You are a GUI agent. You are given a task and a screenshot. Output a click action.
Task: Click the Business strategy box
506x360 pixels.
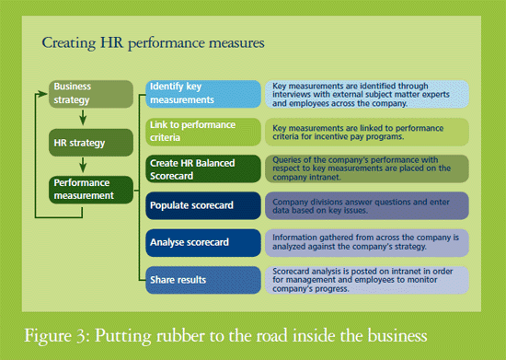91,94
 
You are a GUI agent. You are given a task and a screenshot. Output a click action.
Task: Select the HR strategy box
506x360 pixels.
91,143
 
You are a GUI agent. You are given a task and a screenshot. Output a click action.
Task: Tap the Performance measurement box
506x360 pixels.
91,190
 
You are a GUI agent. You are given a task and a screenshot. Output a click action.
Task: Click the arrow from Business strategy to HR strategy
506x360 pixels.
83,117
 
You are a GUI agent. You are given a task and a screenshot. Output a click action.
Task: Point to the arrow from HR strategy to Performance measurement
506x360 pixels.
83,165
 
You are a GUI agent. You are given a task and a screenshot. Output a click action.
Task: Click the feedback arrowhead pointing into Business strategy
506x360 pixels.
42,94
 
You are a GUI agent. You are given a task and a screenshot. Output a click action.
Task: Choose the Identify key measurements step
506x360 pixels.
203,94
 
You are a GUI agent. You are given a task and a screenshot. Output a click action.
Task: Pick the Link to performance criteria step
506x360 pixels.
203,132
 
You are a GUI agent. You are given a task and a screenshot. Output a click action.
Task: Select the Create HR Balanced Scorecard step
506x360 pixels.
203,168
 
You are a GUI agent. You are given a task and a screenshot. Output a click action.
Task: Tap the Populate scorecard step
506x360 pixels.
203,205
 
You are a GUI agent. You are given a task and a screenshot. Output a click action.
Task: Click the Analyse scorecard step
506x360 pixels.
203,243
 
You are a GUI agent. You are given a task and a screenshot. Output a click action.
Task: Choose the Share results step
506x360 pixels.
203,280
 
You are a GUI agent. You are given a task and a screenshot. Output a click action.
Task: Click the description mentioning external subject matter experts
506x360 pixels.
367,94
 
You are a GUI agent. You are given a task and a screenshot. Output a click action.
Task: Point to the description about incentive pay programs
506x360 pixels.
367,132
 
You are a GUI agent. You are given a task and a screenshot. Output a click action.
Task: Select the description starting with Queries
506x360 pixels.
367,168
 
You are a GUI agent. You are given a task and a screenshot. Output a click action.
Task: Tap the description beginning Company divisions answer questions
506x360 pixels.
367,205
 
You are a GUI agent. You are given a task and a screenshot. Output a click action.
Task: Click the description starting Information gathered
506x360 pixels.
367,243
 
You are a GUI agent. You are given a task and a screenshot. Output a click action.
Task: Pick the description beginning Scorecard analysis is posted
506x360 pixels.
367,280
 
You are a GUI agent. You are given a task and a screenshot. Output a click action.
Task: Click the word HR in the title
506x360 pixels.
111,42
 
